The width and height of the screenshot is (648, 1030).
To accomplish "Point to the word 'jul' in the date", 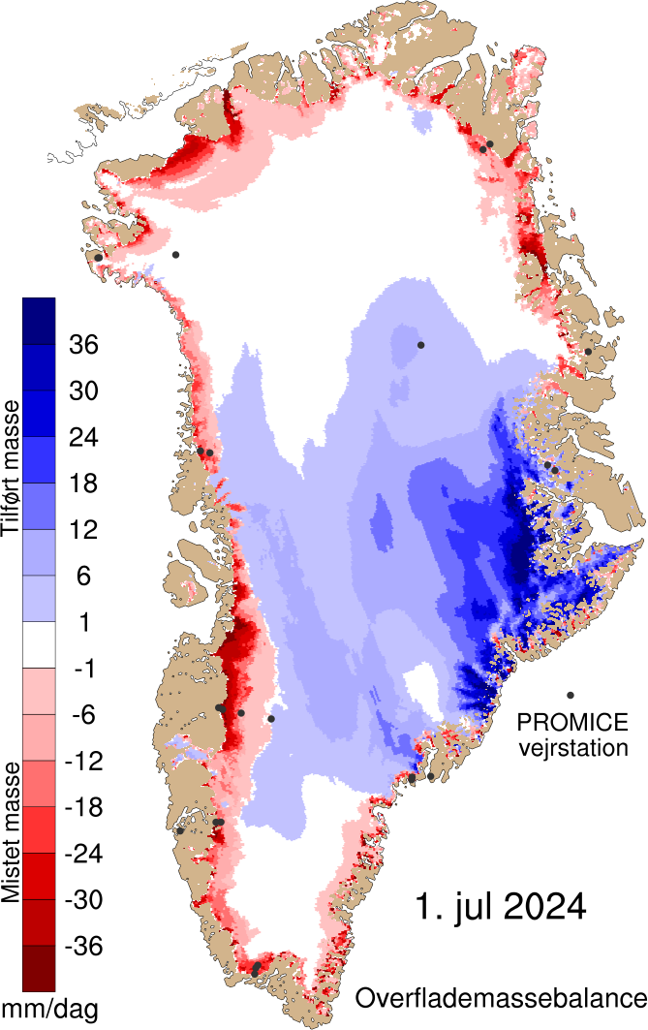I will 464,908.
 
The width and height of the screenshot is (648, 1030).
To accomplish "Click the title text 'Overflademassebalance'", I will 500,997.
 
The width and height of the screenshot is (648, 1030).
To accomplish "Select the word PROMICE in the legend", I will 572,722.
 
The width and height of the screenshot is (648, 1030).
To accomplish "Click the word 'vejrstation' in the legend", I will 572,747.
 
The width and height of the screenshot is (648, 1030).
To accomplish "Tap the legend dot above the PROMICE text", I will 571,695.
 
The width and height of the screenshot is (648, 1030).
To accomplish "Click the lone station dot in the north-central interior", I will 420,345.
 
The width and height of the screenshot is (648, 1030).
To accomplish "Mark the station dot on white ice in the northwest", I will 175,255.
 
